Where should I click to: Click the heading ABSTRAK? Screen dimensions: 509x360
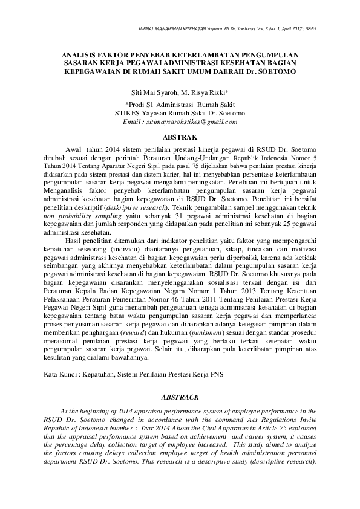[180, 138]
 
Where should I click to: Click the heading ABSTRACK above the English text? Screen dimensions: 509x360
[180, 398]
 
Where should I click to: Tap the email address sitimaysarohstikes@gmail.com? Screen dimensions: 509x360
[180, 122]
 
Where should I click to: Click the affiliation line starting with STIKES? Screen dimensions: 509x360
[180, 112]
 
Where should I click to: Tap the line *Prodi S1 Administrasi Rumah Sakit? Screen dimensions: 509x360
[180, 104]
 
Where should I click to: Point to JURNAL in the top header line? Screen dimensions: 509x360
[148, 28]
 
